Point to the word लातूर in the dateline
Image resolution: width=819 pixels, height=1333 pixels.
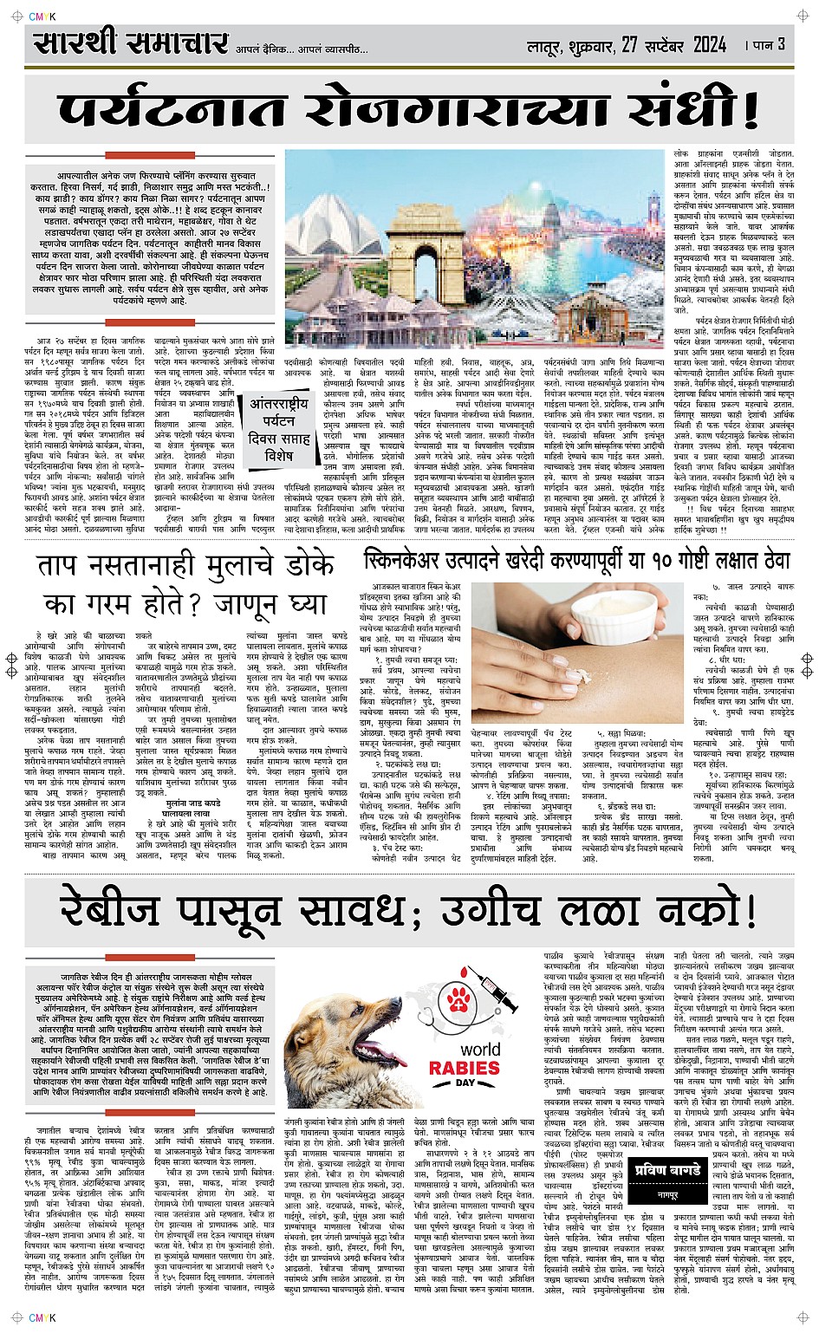[546, 45]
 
